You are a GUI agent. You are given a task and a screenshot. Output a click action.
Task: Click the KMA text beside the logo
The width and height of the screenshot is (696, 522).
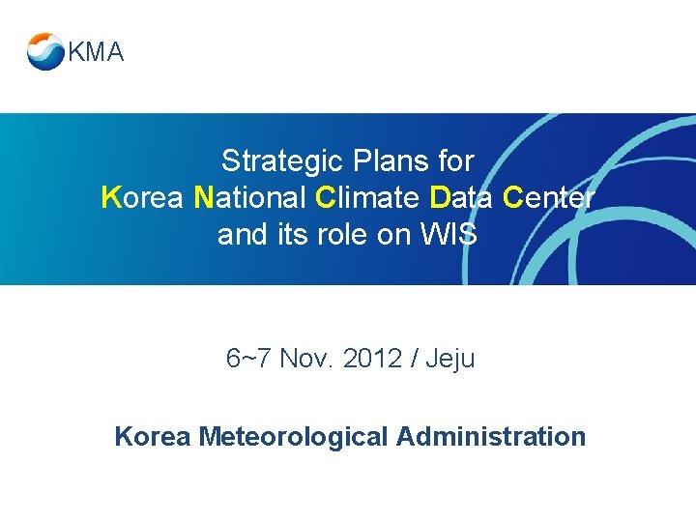[x=96, y=53]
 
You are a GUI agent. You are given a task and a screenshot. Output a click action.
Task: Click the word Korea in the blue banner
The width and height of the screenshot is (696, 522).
[x=142, y=198]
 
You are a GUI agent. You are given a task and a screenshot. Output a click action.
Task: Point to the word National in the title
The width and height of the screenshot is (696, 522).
[x=250, y=198]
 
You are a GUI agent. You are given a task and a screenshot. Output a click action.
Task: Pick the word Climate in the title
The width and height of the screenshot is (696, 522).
[x=367, y=198]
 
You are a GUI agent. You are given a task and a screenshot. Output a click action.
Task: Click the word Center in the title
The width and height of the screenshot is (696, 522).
[x=549, y=198]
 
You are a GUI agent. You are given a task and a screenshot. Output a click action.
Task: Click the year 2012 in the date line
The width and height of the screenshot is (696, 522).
[x=373, y=360]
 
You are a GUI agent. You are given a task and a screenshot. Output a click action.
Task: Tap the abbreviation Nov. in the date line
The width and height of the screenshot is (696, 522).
[x=307, y=360]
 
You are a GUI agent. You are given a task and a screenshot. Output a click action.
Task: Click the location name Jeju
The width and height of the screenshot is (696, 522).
[x=449, y=360]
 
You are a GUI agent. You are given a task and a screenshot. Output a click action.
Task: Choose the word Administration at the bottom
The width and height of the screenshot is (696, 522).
[x=491, y=437]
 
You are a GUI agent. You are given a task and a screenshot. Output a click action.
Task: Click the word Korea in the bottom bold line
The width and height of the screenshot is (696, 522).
[x=152, y=437]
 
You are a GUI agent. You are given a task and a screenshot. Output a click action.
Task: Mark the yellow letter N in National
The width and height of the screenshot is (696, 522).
[x=203, y=198]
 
